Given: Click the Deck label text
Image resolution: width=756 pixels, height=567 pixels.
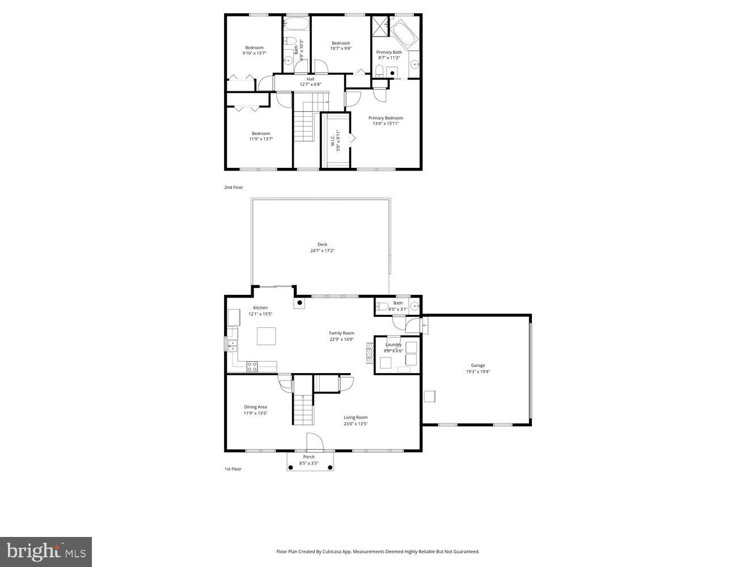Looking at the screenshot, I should tap(322, 244).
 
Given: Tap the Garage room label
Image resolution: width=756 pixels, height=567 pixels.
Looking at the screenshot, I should tap(478, 366).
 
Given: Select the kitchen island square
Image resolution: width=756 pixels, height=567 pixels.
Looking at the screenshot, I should tap(267, 336).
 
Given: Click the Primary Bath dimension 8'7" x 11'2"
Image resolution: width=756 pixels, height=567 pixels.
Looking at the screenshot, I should tap(389, 58).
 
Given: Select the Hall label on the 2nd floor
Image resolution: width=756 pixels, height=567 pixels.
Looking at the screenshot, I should tap(310, 79).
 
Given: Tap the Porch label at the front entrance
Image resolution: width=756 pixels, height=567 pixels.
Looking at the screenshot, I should tap(309, 457).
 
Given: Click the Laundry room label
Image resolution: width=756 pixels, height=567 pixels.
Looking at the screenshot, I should tap(393, 345).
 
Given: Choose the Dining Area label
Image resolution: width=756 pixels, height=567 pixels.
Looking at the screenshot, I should tap(255, 407).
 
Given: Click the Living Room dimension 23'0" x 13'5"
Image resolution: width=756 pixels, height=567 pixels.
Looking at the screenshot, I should tap(356, 424).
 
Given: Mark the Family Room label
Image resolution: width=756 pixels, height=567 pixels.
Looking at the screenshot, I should tap(341, 333).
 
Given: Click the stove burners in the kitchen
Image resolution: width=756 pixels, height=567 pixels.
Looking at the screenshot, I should tap(252, 366).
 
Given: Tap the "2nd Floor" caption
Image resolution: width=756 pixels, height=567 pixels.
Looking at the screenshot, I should tap(234, 187).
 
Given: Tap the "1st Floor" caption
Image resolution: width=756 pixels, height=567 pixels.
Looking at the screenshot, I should tap(233, 469).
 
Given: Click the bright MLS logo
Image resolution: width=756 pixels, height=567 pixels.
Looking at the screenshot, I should tap(46, 551).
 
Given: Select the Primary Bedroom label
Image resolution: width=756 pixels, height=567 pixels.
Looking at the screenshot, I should tap(386, 118).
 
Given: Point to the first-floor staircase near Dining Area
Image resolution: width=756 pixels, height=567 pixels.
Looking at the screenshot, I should tap(303, 409).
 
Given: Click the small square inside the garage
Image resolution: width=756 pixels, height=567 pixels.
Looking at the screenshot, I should tap(429, 396).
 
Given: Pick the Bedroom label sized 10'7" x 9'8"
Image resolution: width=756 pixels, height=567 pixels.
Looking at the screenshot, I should tap(341, 43).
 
